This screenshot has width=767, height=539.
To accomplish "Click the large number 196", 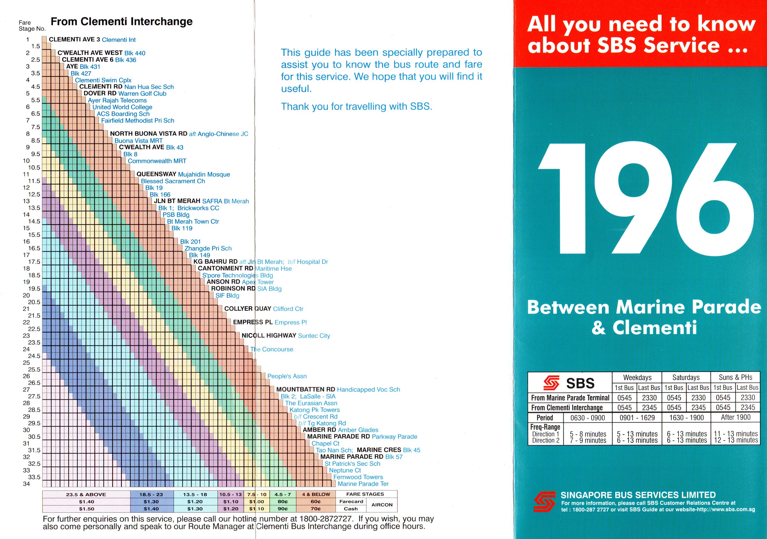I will [645, 200].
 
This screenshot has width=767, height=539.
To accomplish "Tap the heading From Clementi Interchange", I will [122, 22].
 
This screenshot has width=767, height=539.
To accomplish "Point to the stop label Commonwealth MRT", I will [157, 161].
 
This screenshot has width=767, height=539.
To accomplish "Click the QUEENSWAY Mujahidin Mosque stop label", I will [183, 174].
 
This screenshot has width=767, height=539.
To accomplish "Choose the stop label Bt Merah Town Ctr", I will [193, 222].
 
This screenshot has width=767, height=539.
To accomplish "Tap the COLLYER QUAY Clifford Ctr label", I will [263, 309].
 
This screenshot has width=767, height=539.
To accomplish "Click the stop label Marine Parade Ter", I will [363, 484].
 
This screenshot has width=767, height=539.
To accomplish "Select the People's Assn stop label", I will [286, 376].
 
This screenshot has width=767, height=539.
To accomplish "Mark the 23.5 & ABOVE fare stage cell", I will [86, 495].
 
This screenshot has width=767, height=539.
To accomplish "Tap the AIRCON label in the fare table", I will [382, 505].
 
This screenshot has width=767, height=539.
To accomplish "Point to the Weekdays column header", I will [637, 378].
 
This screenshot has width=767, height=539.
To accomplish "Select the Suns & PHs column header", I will [735, 378].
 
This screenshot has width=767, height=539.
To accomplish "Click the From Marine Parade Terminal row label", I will [570, 398].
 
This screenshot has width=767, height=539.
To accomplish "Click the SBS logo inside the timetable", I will [569, 383].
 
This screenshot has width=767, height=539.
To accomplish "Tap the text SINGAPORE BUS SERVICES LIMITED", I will [638, 495].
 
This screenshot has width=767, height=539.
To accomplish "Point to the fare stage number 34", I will [26, 484].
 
